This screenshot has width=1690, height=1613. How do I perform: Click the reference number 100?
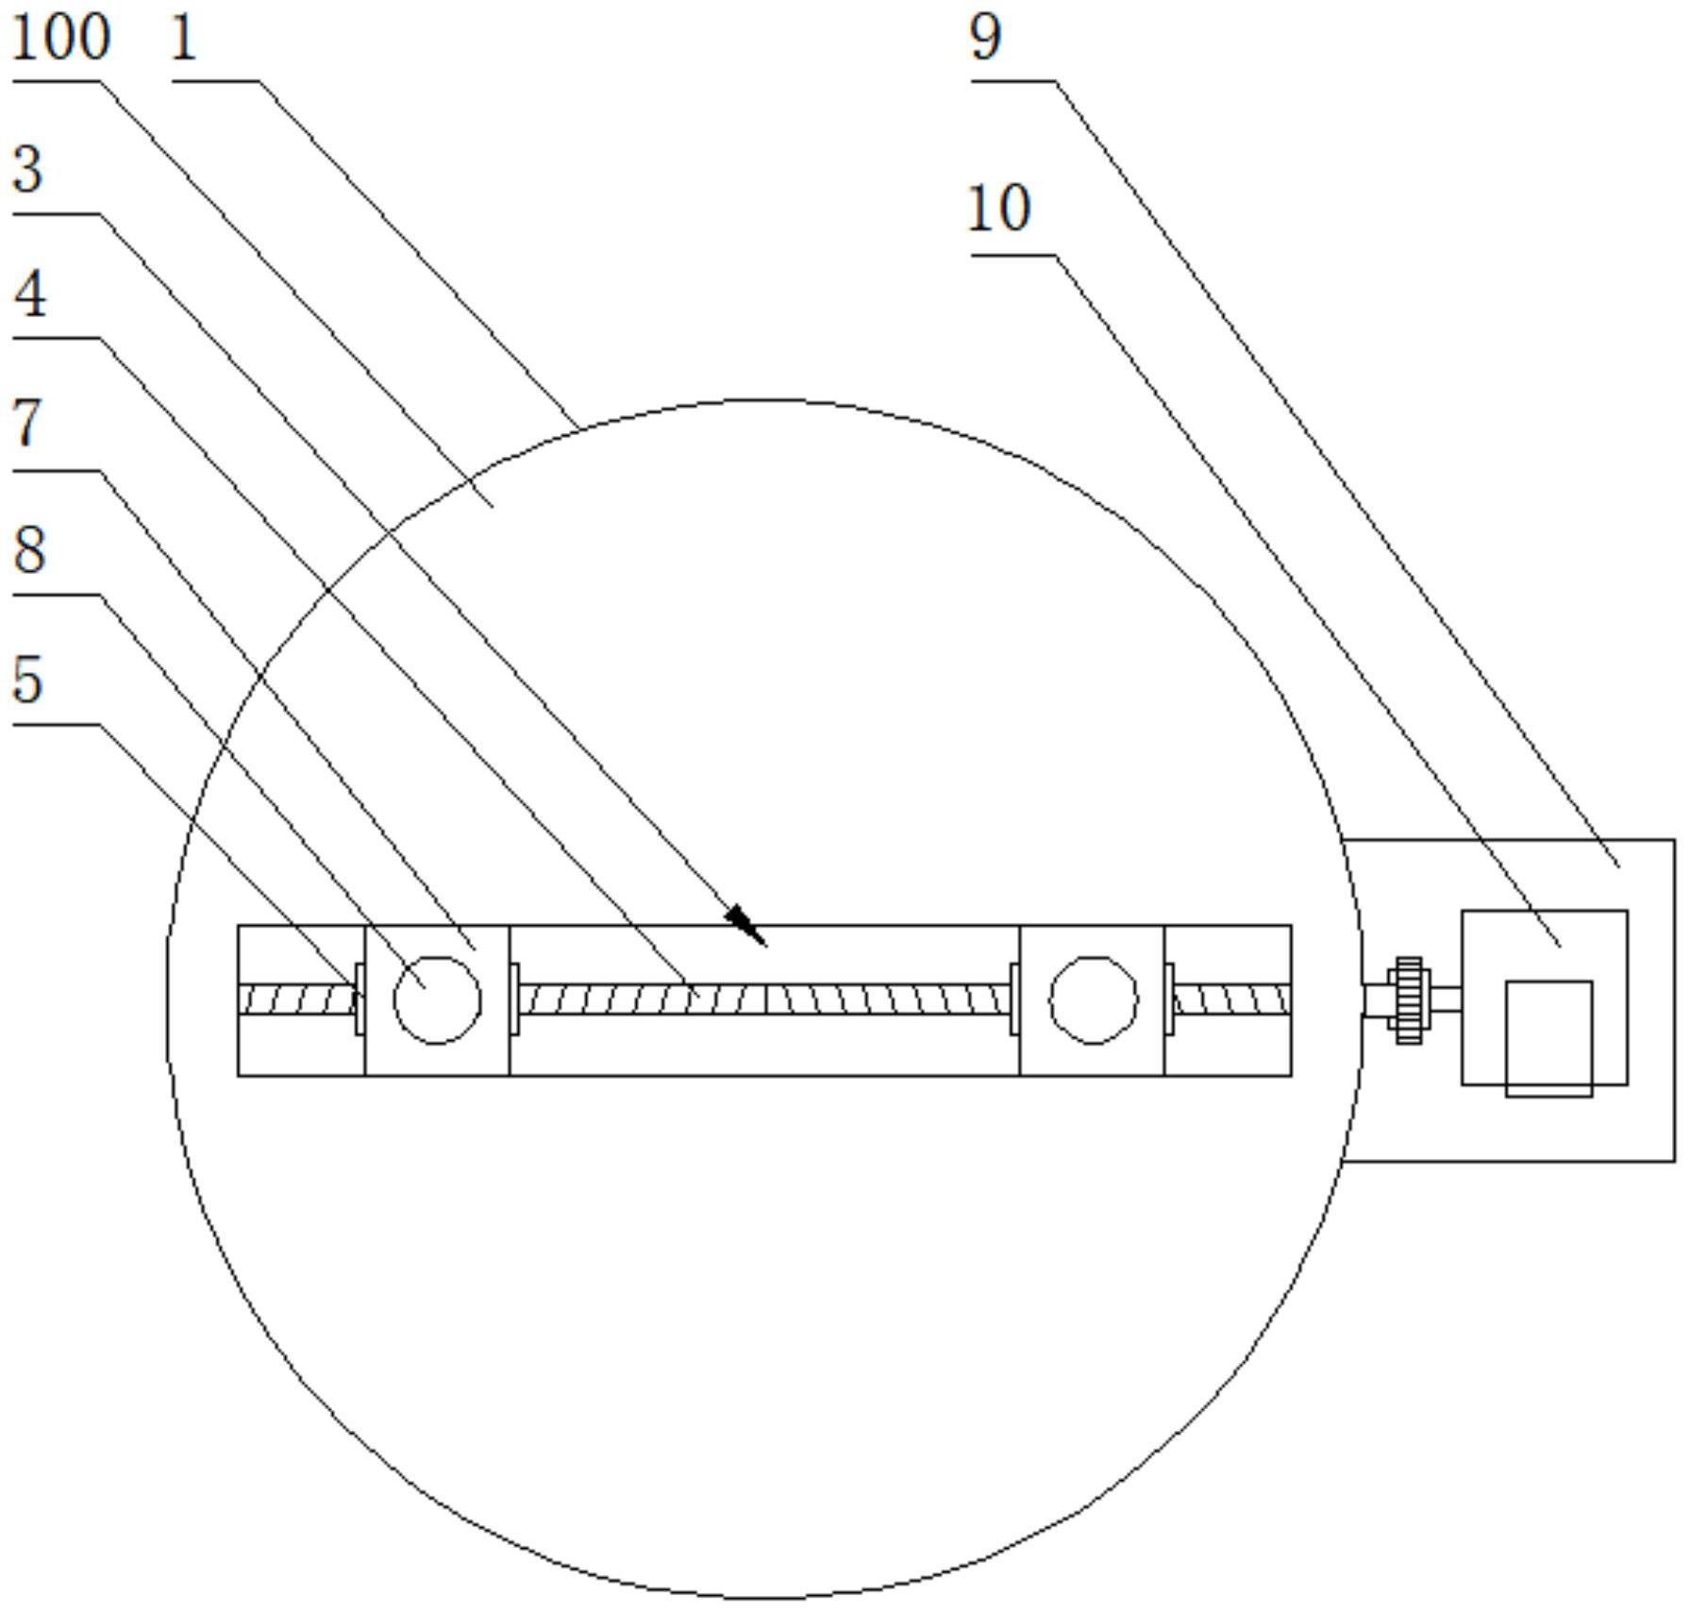pyautogui.click(x=60, y=39)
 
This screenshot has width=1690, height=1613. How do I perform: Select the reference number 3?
pyautogui.click(x=28, y=170)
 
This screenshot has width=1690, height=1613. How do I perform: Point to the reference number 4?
pyautogui.click(x=30, y=294)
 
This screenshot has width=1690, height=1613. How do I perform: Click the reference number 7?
pyautogui.click(x=28, y=422)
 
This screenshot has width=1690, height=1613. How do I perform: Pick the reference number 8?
pyautogui.click(x=29, y=549)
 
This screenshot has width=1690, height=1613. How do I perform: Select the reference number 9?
pyautogui.click(x=986, y=39)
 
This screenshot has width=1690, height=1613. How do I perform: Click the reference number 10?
pyautogui.click(x=999, y=209)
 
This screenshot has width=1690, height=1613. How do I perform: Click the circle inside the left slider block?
pyautogui.click(x=437, y=1000)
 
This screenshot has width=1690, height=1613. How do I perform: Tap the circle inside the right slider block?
pyautogui.click(x=1093, y=1000)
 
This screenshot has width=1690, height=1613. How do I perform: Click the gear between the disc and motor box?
pyautogui.click(x=1408, y=1000)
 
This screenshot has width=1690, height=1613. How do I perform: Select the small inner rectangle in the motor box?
pyautogui.click(x=1548, y=1038)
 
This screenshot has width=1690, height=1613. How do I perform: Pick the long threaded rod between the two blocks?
pyautogui.click(x=764, y=999)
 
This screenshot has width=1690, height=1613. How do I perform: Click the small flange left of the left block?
pyautogui.click(x=360, y=999)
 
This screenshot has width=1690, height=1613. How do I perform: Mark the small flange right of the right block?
pyautogui.click(x=1169, y=999)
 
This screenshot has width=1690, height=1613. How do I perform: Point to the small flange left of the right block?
pyautogui.click(x=1014, y=999)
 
